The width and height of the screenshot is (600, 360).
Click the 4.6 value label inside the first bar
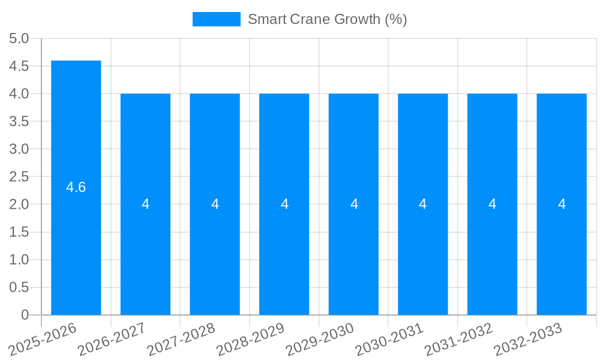(x=76, y=187)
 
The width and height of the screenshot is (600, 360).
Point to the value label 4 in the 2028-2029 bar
(x=284, y=204)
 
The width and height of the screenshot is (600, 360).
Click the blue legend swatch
(x=216, y=19)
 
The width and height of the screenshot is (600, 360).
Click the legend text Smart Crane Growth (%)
(x=327, y=19)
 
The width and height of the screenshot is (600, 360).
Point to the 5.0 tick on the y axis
(x=19, y=39)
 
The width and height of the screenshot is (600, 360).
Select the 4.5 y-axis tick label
(x=19, y=67)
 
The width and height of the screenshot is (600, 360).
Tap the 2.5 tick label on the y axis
(x=19, y=177)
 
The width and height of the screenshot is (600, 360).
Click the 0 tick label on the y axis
(x=25, y=315)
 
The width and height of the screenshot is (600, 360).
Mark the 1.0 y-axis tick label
(x=19, y=260)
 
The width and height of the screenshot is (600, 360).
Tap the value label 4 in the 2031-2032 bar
(x=492, y=204)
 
